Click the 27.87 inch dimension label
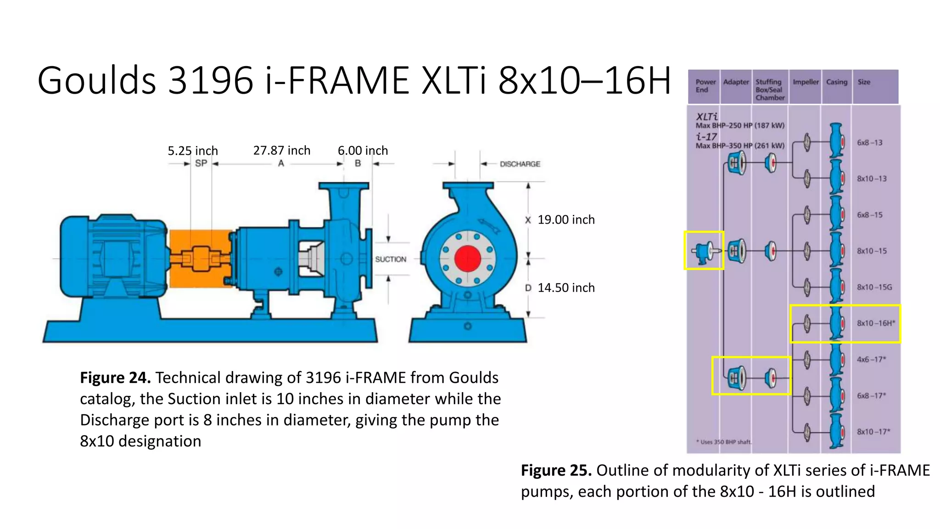[282, 151]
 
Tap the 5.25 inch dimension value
[192, 151]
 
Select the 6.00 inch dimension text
[363, 151]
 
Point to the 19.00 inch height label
[565, 220]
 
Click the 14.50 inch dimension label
[565, 288]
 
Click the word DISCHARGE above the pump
[520, 164]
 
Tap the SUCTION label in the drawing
[391, 259]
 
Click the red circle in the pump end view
[467, 259]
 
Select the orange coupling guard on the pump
[200, 259]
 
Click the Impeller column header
[806, 82]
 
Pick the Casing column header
[836, 82]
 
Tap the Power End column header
[705, 86]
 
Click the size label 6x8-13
[869, 143]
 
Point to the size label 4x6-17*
[871, 360]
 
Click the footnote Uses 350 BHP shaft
[724, 442]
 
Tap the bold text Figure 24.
[115, 378]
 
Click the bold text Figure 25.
[556, 471]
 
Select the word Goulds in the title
[97, 80]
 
